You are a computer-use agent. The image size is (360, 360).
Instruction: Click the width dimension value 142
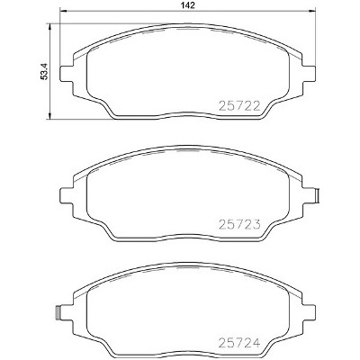[188, 5]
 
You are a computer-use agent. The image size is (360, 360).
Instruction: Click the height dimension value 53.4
[44, 72]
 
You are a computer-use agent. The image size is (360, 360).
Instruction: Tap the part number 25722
[239, 105]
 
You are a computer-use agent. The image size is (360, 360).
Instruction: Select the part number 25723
[239, 224]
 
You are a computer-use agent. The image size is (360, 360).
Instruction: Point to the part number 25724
[239, 342]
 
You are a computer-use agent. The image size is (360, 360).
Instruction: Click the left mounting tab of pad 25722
[67, 73]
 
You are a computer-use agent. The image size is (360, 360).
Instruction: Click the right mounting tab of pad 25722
[309, 73]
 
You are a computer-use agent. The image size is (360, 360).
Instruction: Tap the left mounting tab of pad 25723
[67, 195]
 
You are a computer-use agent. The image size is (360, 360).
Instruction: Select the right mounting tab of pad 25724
[309, 313]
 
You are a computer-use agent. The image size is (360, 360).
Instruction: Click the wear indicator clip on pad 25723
[318, 195]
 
